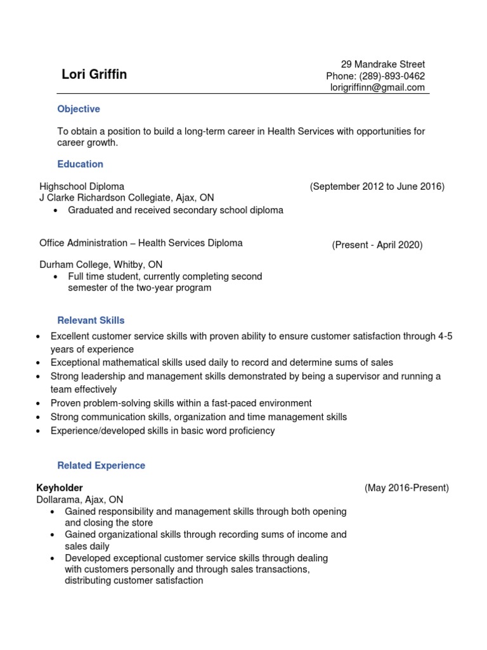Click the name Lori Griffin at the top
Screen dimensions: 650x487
94,75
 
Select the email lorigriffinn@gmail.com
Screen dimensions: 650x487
377,88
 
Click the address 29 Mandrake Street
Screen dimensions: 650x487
382,64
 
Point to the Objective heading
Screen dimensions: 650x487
79,109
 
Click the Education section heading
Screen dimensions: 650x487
80,164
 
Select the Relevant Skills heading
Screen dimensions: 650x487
91,321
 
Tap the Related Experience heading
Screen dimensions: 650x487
101,465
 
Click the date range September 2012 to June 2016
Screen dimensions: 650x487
377,187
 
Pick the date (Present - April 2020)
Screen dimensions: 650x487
377,245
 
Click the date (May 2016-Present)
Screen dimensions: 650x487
406,488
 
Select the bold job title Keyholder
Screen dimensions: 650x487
61,488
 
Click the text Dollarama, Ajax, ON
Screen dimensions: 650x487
79,500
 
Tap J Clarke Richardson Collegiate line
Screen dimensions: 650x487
127,198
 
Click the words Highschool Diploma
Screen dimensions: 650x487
82,187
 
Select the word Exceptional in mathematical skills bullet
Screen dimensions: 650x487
75,362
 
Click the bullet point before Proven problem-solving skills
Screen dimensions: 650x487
39,404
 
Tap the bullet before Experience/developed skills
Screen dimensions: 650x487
39,432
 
